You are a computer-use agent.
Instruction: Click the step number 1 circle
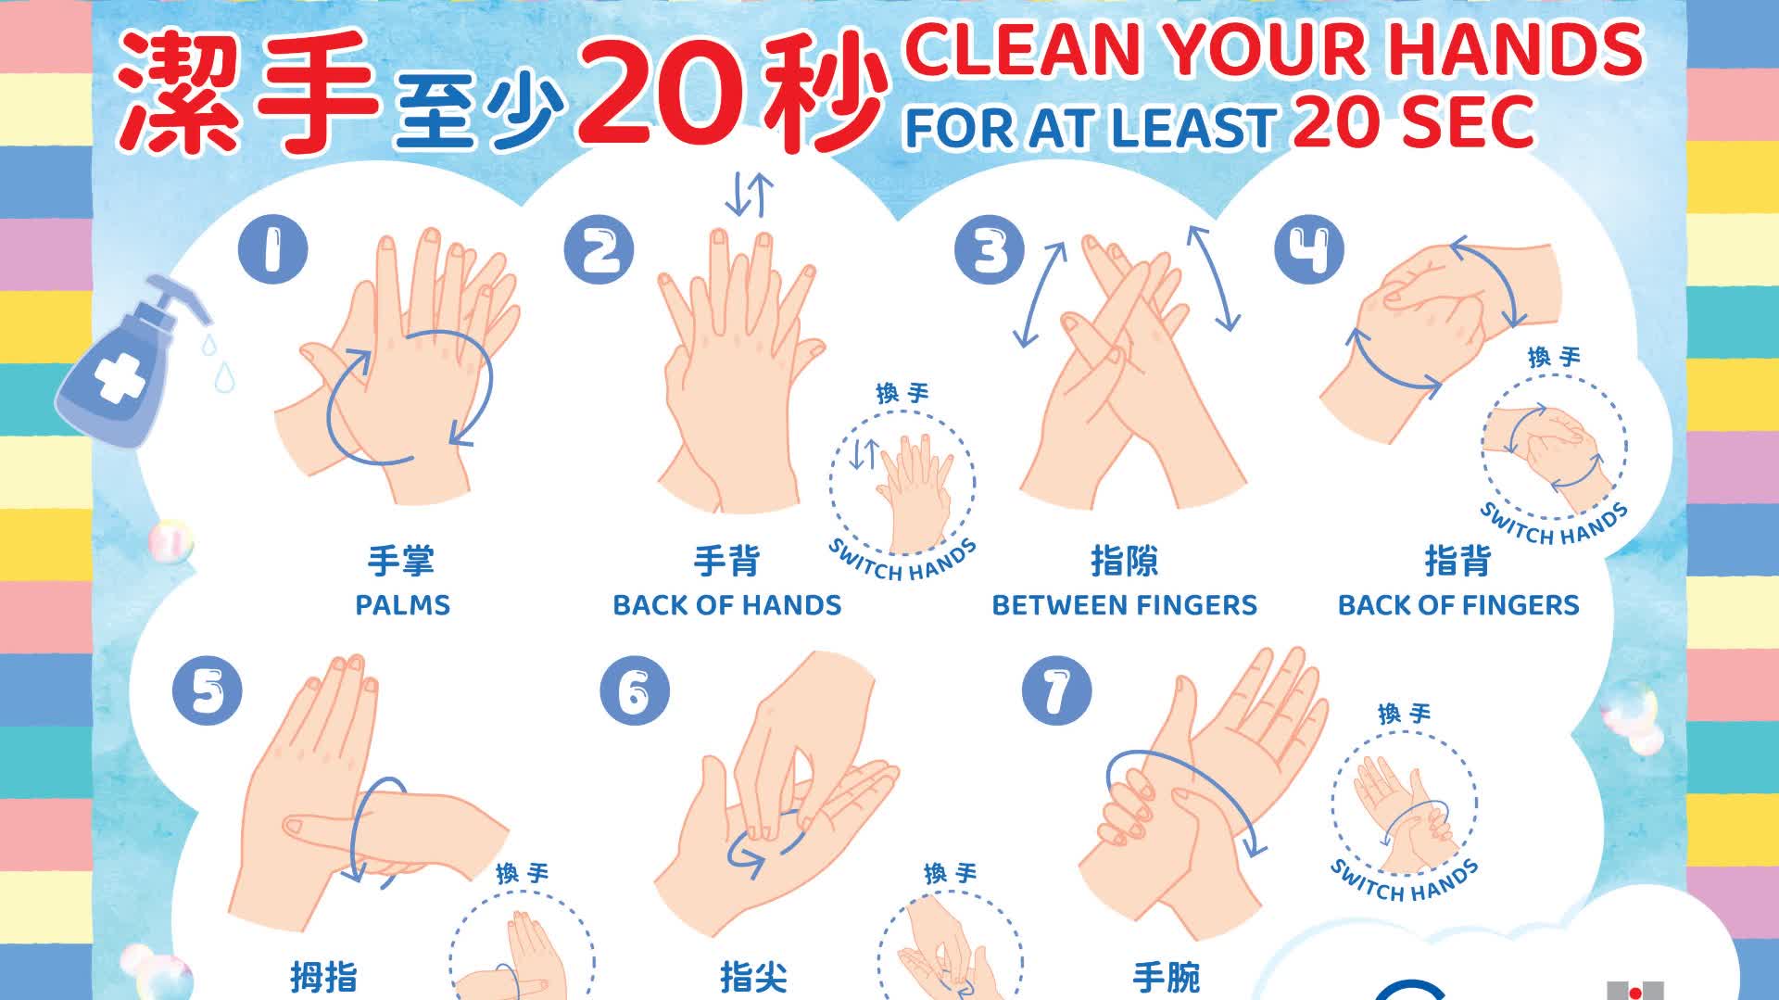click(272, 249)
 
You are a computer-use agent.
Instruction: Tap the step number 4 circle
click(1309, 249)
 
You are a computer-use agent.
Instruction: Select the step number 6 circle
click(634, 690)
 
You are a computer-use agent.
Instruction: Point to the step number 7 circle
click(1057, 690)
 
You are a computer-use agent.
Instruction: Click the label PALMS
click(403, 605)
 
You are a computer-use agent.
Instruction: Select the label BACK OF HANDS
click(727, 605)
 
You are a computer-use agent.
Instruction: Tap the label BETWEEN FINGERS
click(1125, 605)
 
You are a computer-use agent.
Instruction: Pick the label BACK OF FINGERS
click(1458, 605)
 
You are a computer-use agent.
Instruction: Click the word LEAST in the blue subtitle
click(1193, 128)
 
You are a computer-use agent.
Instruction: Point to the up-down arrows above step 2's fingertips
click(749, 195)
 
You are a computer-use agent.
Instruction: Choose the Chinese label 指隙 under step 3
click(1124, 561)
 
